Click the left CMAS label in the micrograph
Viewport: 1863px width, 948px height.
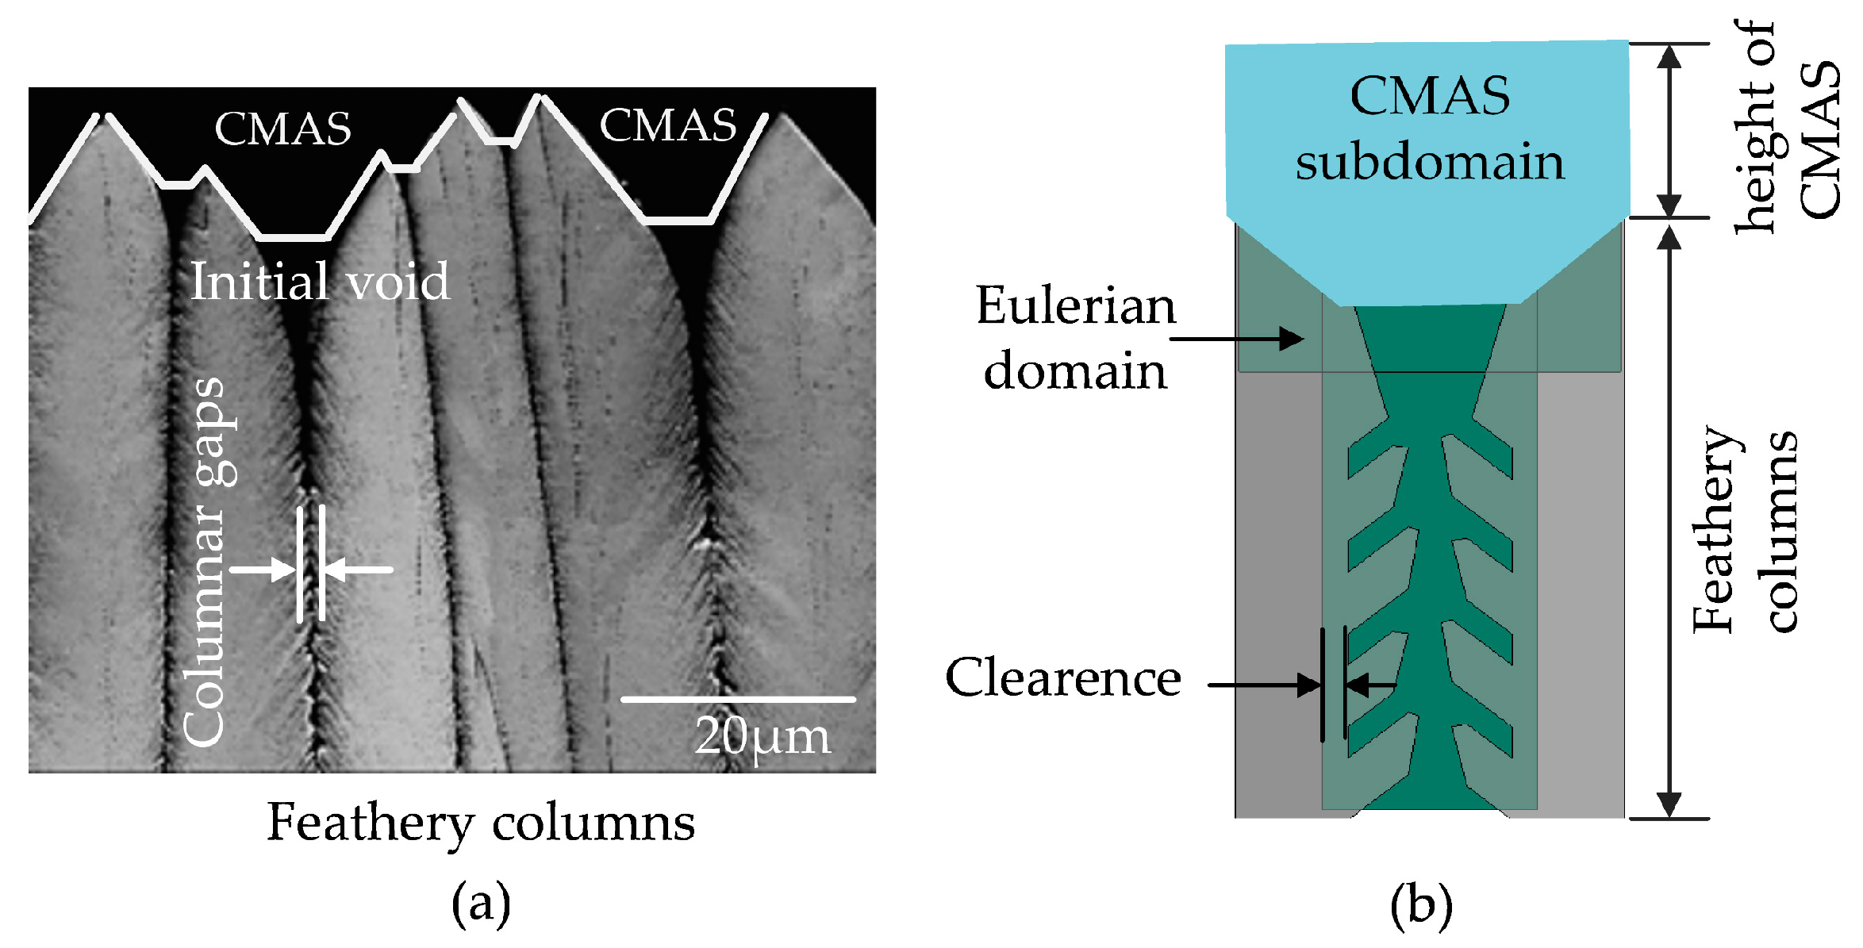tap(282, 129)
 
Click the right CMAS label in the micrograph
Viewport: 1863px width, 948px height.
tap(667, 126)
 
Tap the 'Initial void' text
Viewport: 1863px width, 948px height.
tap(320, 282)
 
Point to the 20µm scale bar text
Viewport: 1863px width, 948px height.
tap(762, 737)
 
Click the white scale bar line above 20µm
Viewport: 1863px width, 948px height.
tap(737, 700)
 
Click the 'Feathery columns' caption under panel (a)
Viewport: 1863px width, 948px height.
tap(480, 823)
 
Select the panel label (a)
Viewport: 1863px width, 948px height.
tap(480, 904)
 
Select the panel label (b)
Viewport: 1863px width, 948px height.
tap(1421, 905)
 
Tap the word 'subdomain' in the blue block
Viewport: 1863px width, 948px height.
tap(1430, 163)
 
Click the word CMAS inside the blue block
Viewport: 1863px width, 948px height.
tap(1430, 96)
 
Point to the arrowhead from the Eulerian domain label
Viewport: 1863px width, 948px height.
tap(1292, 340)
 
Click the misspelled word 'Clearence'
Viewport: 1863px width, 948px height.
tap(1062, 678)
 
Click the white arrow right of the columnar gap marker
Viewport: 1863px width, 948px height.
tap(359, 570)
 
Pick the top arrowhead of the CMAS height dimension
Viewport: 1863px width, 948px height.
tap(1669, 57)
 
